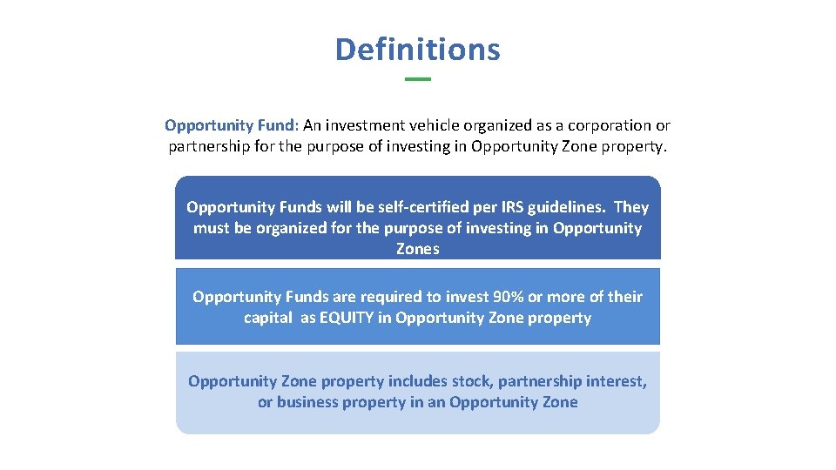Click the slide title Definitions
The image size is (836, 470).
click(417, 49)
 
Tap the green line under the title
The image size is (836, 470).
click(418, 79)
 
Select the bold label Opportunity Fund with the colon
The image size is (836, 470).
click(232, 125)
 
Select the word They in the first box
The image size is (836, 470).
click(631, 207)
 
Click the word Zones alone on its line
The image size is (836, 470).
click(417, 249)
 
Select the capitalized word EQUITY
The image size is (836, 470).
click(347, 318)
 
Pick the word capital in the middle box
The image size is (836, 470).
click(267, 318)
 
